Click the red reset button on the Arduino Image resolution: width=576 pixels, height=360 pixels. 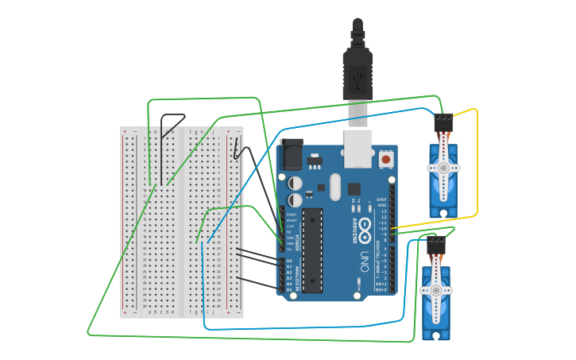point(386,159)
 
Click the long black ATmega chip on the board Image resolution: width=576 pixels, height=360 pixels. point(312,249)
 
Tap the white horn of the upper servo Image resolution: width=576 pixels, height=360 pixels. point(443,168)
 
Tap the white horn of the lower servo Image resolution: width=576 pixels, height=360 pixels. point(435,292)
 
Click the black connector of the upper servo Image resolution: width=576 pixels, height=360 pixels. point(443,122)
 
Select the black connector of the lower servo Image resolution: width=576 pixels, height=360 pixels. point(435,246)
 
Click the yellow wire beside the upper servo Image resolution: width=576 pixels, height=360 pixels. point(477,159)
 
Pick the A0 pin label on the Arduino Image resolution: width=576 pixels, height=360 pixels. point(289,261)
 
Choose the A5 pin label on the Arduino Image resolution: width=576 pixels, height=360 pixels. point(289,289)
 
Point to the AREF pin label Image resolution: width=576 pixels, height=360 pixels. point(382,199)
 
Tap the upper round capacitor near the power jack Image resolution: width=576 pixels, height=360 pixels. point(296,183)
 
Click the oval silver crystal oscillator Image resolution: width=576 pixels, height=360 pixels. point(335,187)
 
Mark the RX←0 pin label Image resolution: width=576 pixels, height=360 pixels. point(381,290)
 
